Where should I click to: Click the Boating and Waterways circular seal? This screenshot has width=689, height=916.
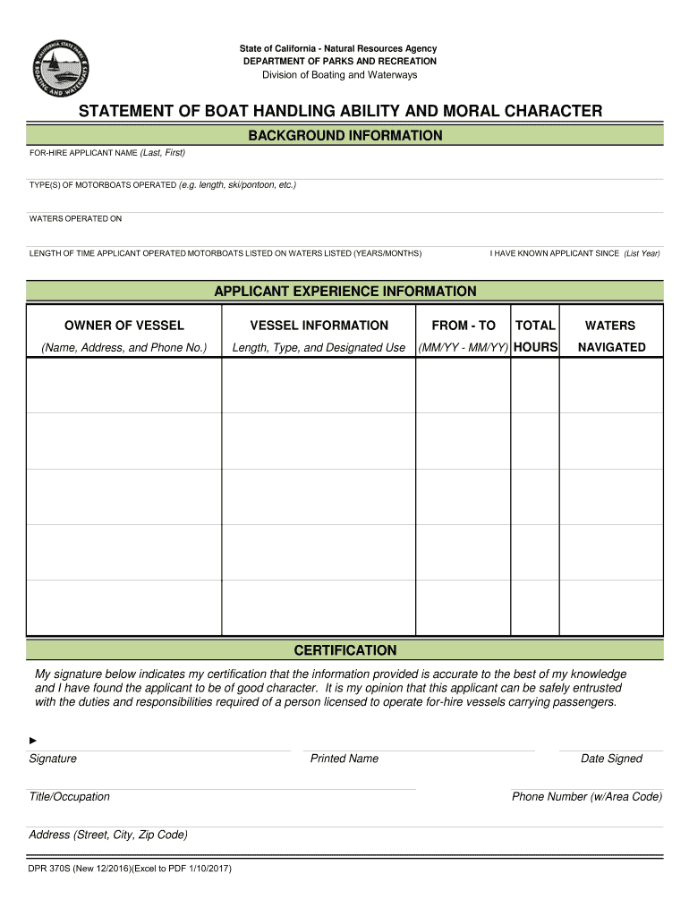(x=61, y=70)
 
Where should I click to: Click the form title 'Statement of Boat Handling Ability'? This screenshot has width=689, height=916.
(x=340, y=111)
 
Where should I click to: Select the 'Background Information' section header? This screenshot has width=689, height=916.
(x=344, y=136)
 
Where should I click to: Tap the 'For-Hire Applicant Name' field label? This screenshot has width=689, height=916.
(x=106, y=153)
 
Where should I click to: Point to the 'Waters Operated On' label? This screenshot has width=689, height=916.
(x=75, y=219)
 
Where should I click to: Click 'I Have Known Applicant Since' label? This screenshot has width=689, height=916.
(x=574, y=254)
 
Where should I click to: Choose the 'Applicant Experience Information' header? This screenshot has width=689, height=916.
(x=344, y=292)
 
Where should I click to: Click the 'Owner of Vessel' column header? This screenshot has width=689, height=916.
(x=124, y=326)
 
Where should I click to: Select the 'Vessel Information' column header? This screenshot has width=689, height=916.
(x=319, y=326)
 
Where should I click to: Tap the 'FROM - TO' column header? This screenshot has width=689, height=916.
(x=463, y=326)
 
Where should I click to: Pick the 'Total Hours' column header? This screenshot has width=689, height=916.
(x=535, y=335)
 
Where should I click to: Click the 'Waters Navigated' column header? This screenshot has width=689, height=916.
(x=611, y=335)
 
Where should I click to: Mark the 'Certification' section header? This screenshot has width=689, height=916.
(x=344, y=650)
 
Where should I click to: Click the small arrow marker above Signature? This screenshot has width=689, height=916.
(x=33, y=741)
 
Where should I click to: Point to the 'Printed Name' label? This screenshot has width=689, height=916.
(x=344, y=759)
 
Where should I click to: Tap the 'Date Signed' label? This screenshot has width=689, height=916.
(x=611, y=759)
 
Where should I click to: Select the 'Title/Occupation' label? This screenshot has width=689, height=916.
(x=70, y=797)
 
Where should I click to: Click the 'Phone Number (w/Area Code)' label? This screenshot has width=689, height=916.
(x=586, y=797)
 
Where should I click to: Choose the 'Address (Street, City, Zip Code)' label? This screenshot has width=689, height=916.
(x=108, y=835)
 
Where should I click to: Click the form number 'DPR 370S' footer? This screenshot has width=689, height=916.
(x=130, y=868)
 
